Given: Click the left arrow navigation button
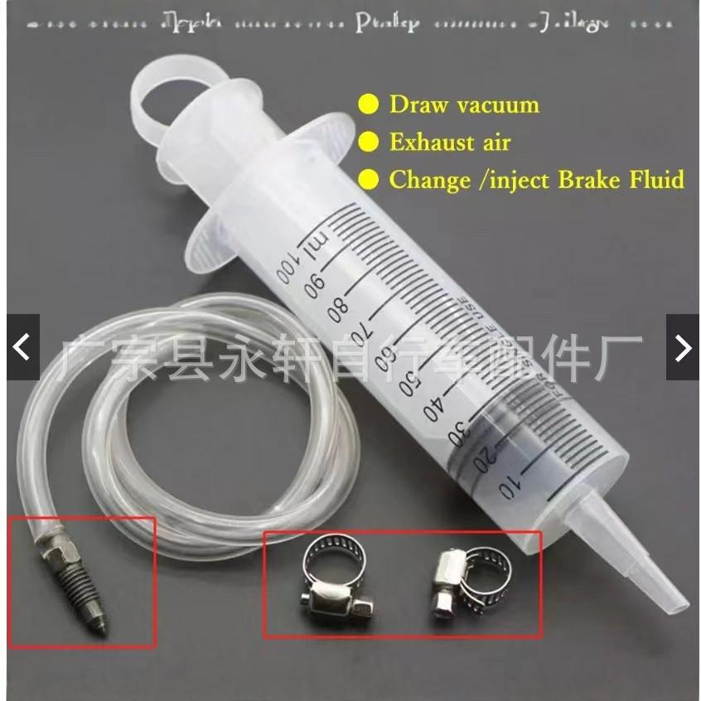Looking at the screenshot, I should click(x=22, y=347).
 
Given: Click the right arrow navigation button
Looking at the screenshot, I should click(x=683, y=347).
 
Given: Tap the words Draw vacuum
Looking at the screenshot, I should click(x=464, y=105).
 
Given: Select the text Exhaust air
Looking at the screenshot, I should click(x=450, y=142).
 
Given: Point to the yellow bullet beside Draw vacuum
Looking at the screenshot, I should click(x=368, y=105).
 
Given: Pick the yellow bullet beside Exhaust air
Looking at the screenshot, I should click(x=368, y=142).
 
